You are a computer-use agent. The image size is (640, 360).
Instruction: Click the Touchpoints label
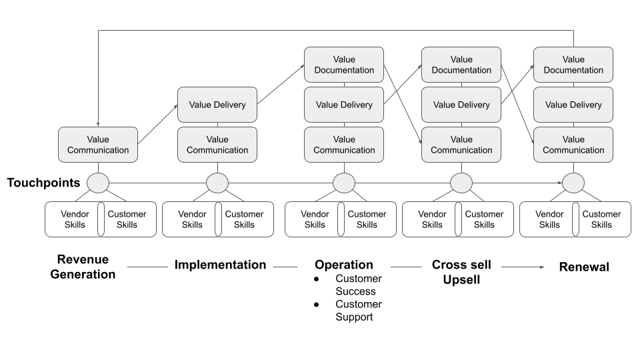pos(43,183)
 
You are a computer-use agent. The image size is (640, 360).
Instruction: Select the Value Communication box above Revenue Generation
pos(98,145)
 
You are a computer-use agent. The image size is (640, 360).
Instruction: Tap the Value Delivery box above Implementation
pos(217,105)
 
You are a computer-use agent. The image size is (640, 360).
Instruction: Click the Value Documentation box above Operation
pos(344,65)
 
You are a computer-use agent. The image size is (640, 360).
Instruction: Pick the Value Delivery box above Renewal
pos(573,105)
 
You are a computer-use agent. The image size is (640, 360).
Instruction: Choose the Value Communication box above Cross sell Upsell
pos(461,145)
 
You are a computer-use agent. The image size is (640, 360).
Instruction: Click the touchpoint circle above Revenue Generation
pos(98,183)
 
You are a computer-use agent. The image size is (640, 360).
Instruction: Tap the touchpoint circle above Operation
pos(344,183)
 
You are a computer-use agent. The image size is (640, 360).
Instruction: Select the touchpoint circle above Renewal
pos(573,183)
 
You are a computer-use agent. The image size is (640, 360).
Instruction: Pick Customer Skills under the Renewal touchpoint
pos(601,219)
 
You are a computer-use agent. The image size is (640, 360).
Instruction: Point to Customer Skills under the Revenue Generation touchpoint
pos(127,219)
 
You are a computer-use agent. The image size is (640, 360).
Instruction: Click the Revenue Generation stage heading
pos(83,267)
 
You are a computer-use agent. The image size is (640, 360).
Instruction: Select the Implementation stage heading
pos(220,265)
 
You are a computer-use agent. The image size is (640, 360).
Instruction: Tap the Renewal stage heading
pos(584,267)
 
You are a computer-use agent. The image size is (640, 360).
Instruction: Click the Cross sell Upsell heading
pos(461,272)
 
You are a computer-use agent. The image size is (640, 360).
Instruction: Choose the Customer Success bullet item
pos(358,285)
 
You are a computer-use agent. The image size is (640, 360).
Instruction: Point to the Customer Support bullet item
pos(358,310)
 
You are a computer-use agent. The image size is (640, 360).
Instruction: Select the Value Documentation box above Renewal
pos(573,65)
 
